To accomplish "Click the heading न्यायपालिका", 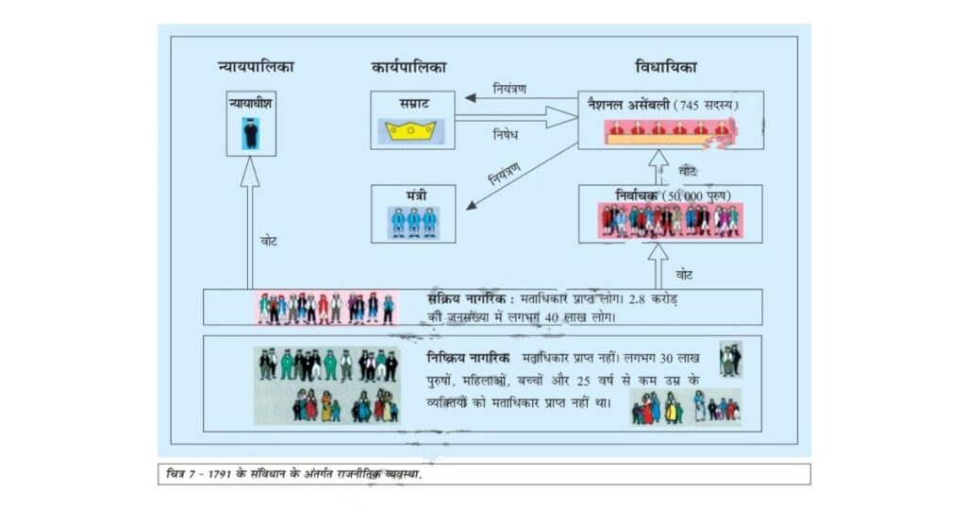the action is coord(256,66).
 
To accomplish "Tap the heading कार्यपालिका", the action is coord(409,67).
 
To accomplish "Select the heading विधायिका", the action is coord(666,66).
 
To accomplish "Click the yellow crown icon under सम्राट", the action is coord(411,131).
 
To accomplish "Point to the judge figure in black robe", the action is coord(250,133).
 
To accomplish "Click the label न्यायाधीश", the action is coord(250,103).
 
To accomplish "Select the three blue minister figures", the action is coord(413,222).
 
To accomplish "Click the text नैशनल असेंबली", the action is coord(628,105).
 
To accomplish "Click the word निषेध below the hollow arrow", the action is coord(506,134).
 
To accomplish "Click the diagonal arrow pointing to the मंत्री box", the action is coord(522,177).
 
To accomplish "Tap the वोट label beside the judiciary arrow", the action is coord(269,241).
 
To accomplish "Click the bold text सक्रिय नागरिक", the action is coord(468,299).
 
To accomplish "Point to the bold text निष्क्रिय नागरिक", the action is coord(468,358).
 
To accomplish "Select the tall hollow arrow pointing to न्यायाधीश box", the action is coord(249,223).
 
